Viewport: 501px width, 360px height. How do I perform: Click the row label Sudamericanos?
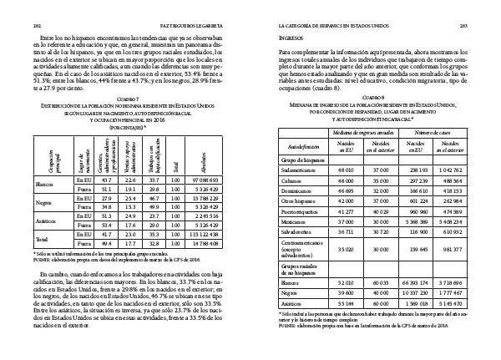click(x=306, y=170)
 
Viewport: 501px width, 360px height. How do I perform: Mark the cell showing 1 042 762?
click(x=470, y=170)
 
